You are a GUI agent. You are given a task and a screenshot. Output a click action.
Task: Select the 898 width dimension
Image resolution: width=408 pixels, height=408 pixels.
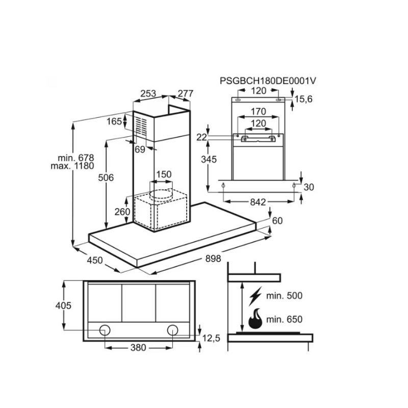coord(213,259)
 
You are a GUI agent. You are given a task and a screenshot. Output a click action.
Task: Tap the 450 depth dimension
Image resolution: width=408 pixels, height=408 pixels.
coord(94,261)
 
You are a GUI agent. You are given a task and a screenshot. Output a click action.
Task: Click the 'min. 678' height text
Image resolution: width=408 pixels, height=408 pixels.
coord(76,158)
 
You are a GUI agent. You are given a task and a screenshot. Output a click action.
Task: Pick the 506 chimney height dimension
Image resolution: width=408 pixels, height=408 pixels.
coord(106,177)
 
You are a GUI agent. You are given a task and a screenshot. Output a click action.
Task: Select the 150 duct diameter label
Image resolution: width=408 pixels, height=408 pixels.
coord(163,174)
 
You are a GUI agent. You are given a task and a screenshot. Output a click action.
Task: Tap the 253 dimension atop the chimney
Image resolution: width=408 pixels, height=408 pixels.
coord(148,93)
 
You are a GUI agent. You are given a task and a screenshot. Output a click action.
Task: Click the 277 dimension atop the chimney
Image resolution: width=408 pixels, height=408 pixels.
coord(185,93)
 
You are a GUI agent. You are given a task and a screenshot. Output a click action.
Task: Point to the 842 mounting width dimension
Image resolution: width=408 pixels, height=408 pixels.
coord(259,202)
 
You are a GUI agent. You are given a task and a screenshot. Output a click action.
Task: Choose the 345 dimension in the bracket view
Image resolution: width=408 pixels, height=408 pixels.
coord(209,160)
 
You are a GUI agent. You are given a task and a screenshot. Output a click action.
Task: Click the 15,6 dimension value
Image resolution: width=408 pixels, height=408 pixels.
coord(302,99)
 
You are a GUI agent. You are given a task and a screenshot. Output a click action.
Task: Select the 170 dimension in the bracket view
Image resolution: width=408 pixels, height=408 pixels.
coord(259,111)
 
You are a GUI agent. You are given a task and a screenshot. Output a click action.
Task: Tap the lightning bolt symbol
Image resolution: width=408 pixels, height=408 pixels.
coord(256,295)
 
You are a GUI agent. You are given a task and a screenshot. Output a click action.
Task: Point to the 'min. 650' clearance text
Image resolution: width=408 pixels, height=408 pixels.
coord(285,320)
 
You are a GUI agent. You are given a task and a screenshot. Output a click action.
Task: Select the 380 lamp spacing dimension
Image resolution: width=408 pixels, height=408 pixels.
coord(138,348)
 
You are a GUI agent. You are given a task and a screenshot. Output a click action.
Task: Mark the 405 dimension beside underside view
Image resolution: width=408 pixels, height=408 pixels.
coord(63,305)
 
